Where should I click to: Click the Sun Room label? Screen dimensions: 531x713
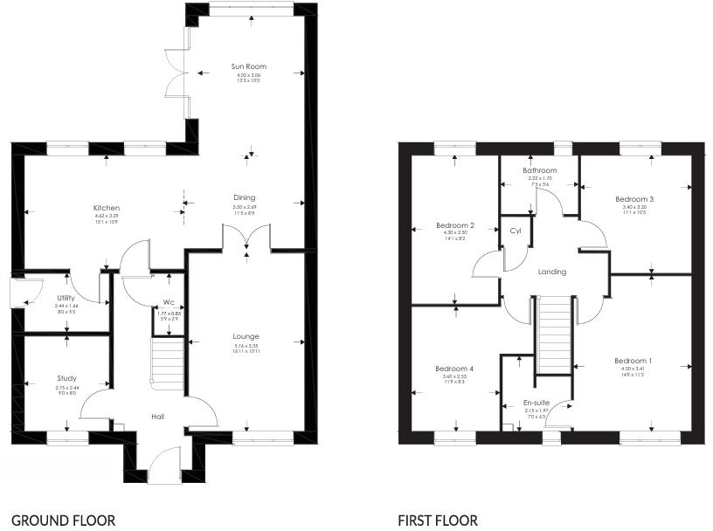point(248,66)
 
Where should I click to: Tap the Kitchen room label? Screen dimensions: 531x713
point(107,208)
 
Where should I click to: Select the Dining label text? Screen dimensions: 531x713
point(244,197)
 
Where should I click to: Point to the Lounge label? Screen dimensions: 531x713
point(246,336)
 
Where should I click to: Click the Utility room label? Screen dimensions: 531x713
point(66,298)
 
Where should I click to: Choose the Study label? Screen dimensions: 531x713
point(66,378)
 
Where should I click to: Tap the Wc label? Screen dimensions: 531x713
point(169,303)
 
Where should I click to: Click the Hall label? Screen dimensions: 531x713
point(157,417)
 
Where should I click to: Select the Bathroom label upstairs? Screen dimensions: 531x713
point(539,170)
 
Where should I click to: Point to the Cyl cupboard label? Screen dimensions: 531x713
point(515,231)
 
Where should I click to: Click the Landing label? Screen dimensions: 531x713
point(552,272)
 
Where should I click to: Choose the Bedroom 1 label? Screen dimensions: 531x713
point(633,361)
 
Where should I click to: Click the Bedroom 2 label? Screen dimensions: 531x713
point(454,225)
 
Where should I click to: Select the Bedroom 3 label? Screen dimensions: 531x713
point(634,199)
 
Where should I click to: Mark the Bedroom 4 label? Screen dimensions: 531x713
point(454,369)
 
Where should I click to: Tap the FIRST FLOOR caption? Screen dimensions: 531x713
point(438,521)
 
